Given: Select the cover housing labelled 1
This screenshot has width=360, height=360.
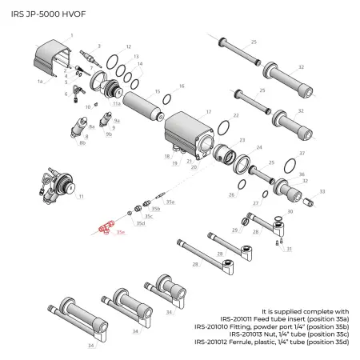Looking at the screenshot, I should tap(49, 60).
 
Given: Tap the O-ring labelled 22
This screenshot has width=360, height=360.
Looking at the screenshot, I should tap(225, 129).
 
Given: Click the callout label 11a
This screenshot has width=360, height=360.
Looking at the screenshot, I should tap(116, 103).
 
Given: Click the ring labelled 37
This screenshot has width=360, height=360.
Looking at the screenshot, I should tap(290, 161).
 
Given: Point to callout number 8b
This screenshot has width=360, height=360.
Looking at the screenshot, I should tap(82, 144).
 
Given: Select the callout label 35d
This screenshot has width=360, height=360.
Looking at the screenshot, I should tap(139, 223).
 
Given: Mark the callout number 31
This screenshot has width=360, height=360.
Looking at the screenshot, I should tap(289, 249).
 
